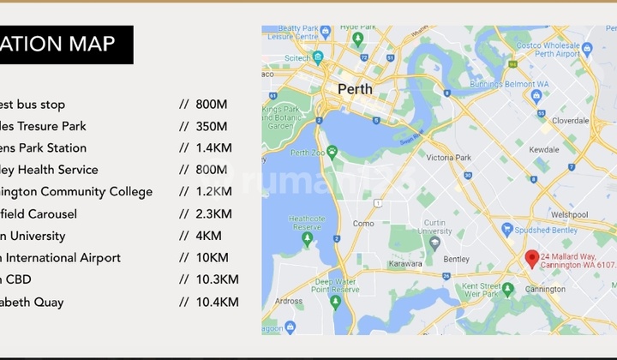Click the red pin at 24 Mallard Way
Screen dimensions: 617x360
point(532,258)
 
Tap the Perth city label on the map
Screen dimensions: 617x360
point(355,89)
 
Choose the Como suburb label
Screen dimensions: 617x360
point(363,223)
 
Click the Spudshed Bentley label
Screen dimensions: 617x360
point(546,229)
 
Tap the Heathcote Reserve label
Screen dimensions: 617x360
point(306,223)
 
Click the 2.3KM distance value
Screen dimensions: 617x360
point(213,213)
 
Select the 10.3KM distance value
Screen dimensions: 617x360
point(217,279)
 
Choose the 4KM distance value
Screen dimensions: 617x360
point(208,236)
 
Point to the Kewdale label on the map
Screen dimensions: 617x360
point(545,149)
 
